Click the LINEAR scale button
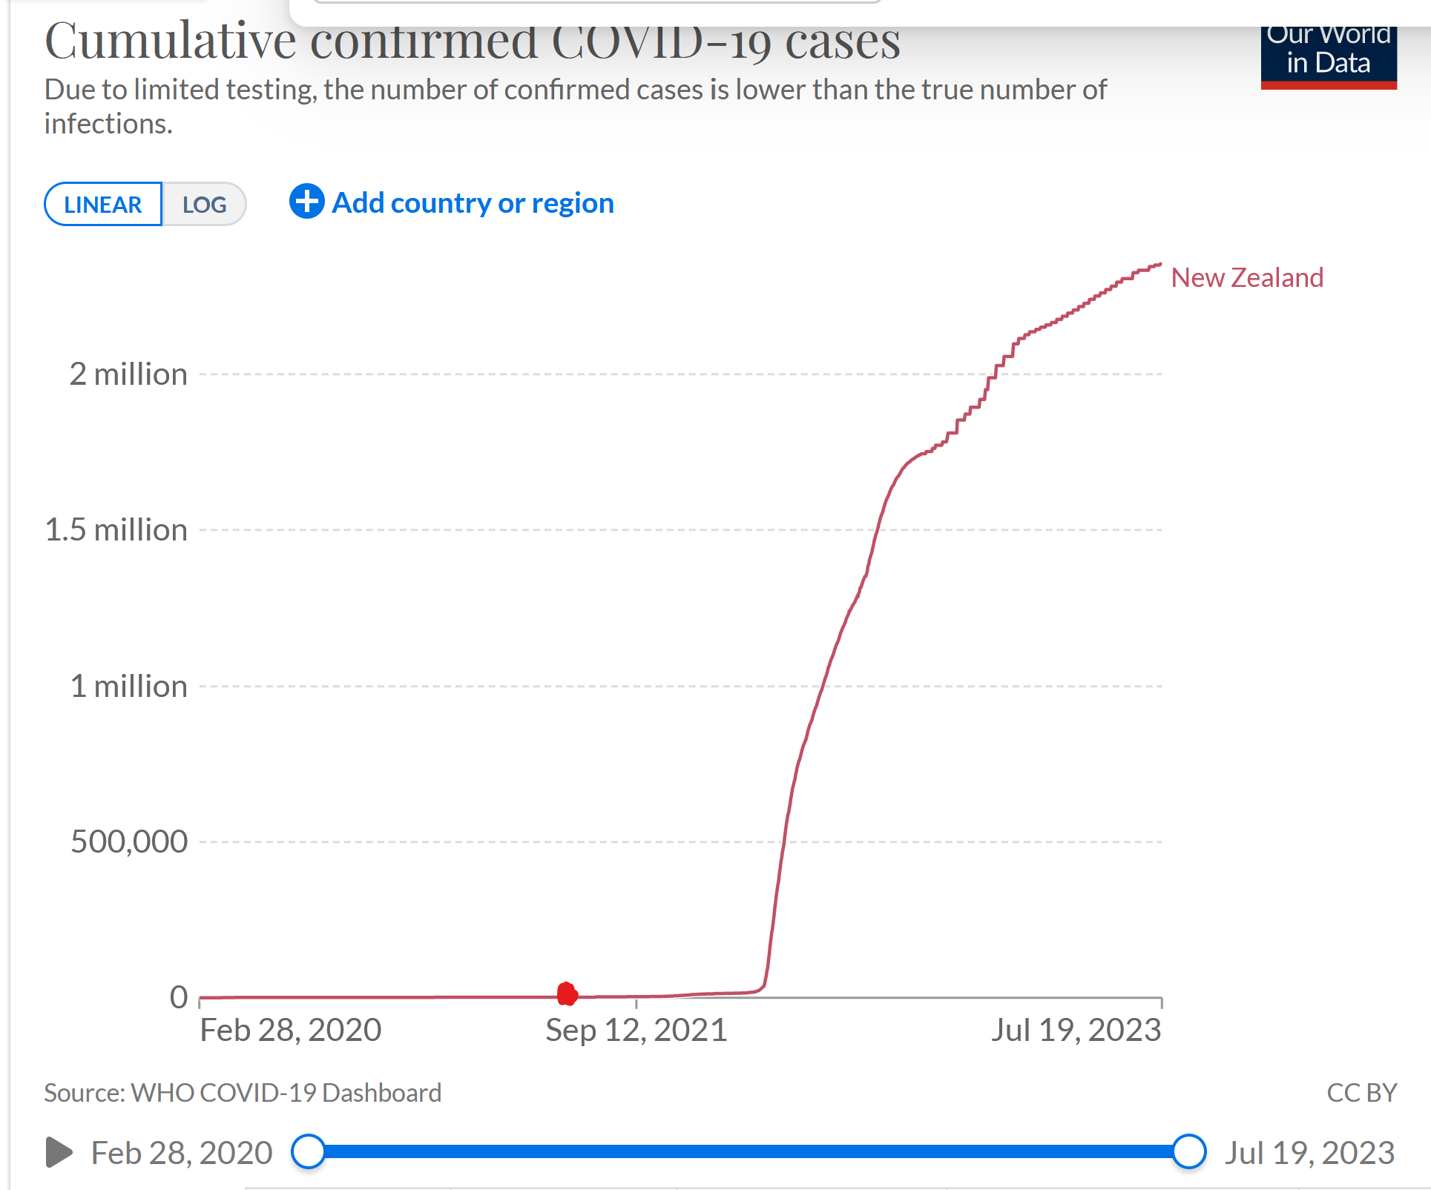click(103, 205)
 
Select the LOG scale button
click(204, 205)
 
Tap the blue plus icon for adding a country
click(306, 202)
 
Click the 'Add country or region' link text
click(473, 203)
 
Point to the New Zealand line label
click(1246, 278)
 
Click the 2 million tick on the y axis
click(128, 374)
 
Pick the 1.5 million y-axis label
click(116, 530)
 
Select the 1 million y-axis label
click(128, 687)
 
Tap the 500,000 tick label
click(129, 842)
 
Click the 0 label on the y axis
click(179, 997)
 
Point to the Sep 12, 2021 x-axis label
click(636, 1031)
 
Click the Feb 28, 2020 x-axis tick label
click(291, 1031)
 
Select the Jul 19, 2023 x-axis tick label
click(1076, 1031)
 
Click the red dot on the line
click(567, 994)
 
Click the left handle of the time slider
click(309, 1151)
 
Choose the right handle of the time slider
click(1189, 1151)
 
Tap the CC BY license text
click(1361, 1093)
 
